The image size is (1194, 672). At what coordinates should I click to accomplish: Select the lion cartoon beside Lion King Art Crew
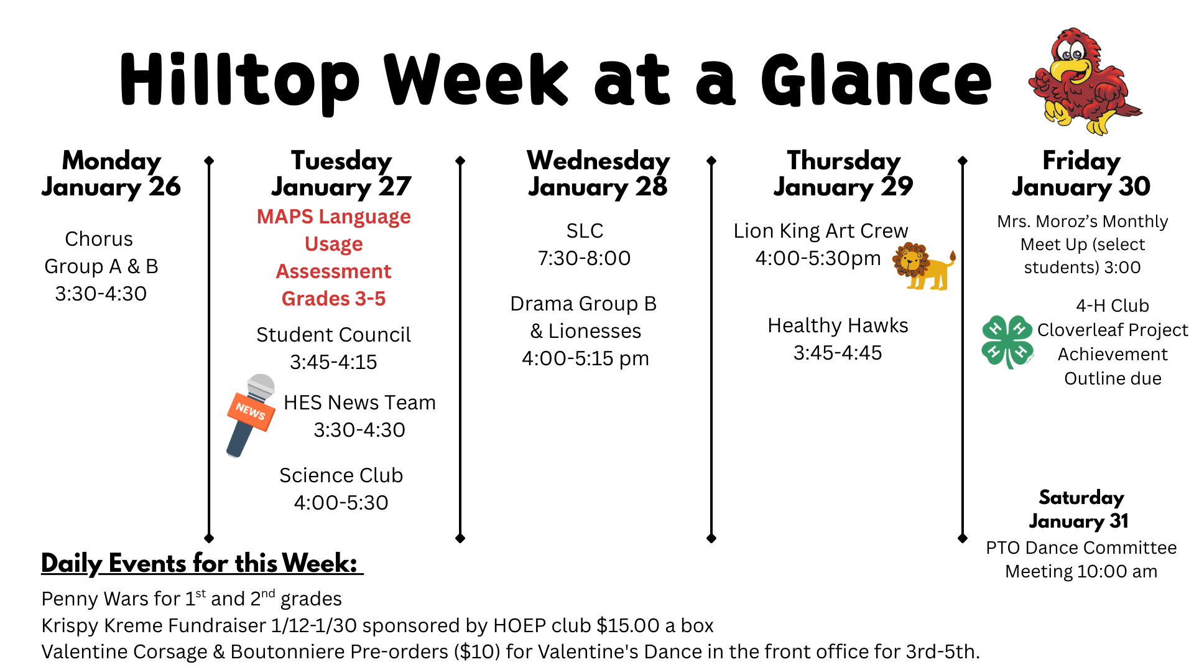(923, 266)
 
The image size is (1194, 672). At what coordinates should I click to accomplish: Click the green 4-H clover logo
(1006, 341)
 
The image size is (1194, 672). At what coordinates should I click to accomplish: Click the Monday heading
(112, 161)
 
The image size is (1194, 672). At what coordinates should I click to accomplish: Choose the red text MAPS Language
(334, 217)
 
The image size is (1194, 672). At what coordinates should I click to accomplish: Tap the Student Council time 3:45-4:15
(333, 362)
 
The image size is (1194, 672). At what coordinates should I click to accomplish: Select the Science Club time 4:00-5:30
(341, 503)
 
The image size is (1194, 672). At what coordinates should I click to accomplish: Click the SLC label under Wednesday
(585, 231)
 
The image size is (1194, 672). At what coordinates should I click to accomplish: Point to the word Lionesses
(595, 331)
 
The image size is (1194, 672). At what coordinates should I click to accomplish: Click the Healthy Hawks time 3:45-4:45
(837, 353)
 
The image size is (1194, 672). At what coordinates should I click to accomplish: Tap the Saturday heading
(1081, 498)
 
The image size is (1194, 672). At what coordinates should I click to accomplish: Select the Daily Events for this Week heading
(200, 564)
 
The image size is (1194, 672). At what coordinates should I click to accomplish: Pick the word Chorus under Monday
(99, 239)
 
